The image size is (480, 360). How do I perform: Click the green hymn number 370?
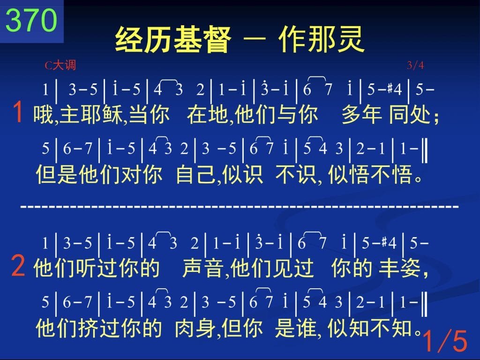pyautogui.click(x=31, y=20)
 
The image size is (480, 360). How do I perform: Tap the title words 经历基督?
pyautogui.click(x=173, y=40)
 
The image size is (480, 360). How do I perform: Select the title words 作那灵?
pyautogui.click(x=322, y=40)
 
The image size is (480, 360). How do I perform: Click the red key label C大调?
pyautogui.click(x=60, y=65)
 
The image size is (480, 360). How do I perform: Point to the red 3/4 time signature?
pyautogui.click(x=415, y=65)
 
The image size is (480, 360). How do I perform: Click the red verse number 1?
pyautogui.click(x=18, y=112)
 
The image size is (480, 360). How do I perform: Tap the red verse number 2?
pyautogui.click(x=18, y=266)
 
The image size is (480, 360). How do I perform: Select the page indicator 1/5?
pyautogui.click(x=445, y=341)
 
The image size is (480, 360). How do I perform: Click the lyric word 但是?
pyautogui.click(x=57, y=174)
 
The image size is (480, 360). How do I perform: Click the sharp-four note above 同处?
pyautogui.click(x=394, y=90)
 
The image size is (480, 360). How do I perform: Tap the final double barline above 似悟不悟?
pyautogui.click(x=424, y=150)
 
